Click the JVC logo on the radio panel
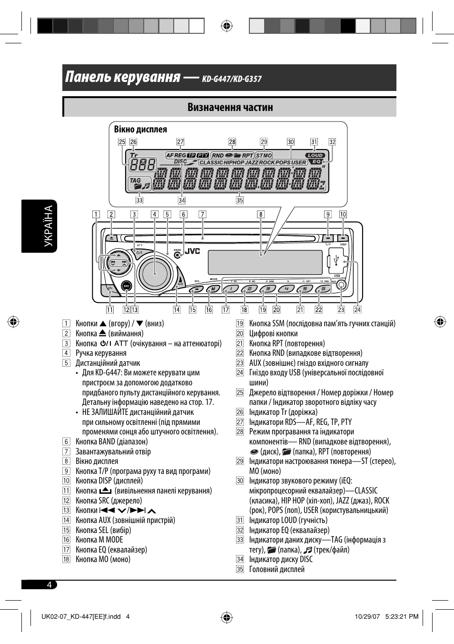pyautogui.click(x=192, y=251)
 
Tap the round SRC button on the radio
pyautogui.click(x=126, y=286)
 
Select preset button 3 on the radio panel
pyautogui.click(x=267, y=289)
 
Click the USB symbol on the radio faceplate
pyautogui.click(x=336, y=261)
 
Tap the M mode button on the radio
pyautogui.click(x=213, y=289)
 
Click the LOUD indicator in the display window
pyautogui.click(x=315, y=155)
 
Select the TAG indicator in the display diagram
pyautogui.click(x=135, y=181)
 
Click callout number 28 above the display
pyautogui.click(x=232, y=141)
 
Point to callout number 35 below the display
pyautogui.click(x=239, y=201)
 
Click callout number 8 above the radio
pyautogui.click(x=260, y=214)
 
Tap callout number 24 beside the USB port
pyautogui.click(x=357, y=310)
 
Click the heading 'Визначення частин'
pyautogui.click(x=230, y=107)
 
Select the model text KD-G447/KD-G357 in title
pyautogui.click(x=232, y=79)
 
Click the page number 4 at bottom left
pyautogui.click(x=49, y=584)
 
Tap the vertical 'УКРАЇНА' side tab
pyautogui.click(x=49, y=226)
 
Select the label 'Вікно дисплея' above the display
pyautogui.click(x=140, y=130)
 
